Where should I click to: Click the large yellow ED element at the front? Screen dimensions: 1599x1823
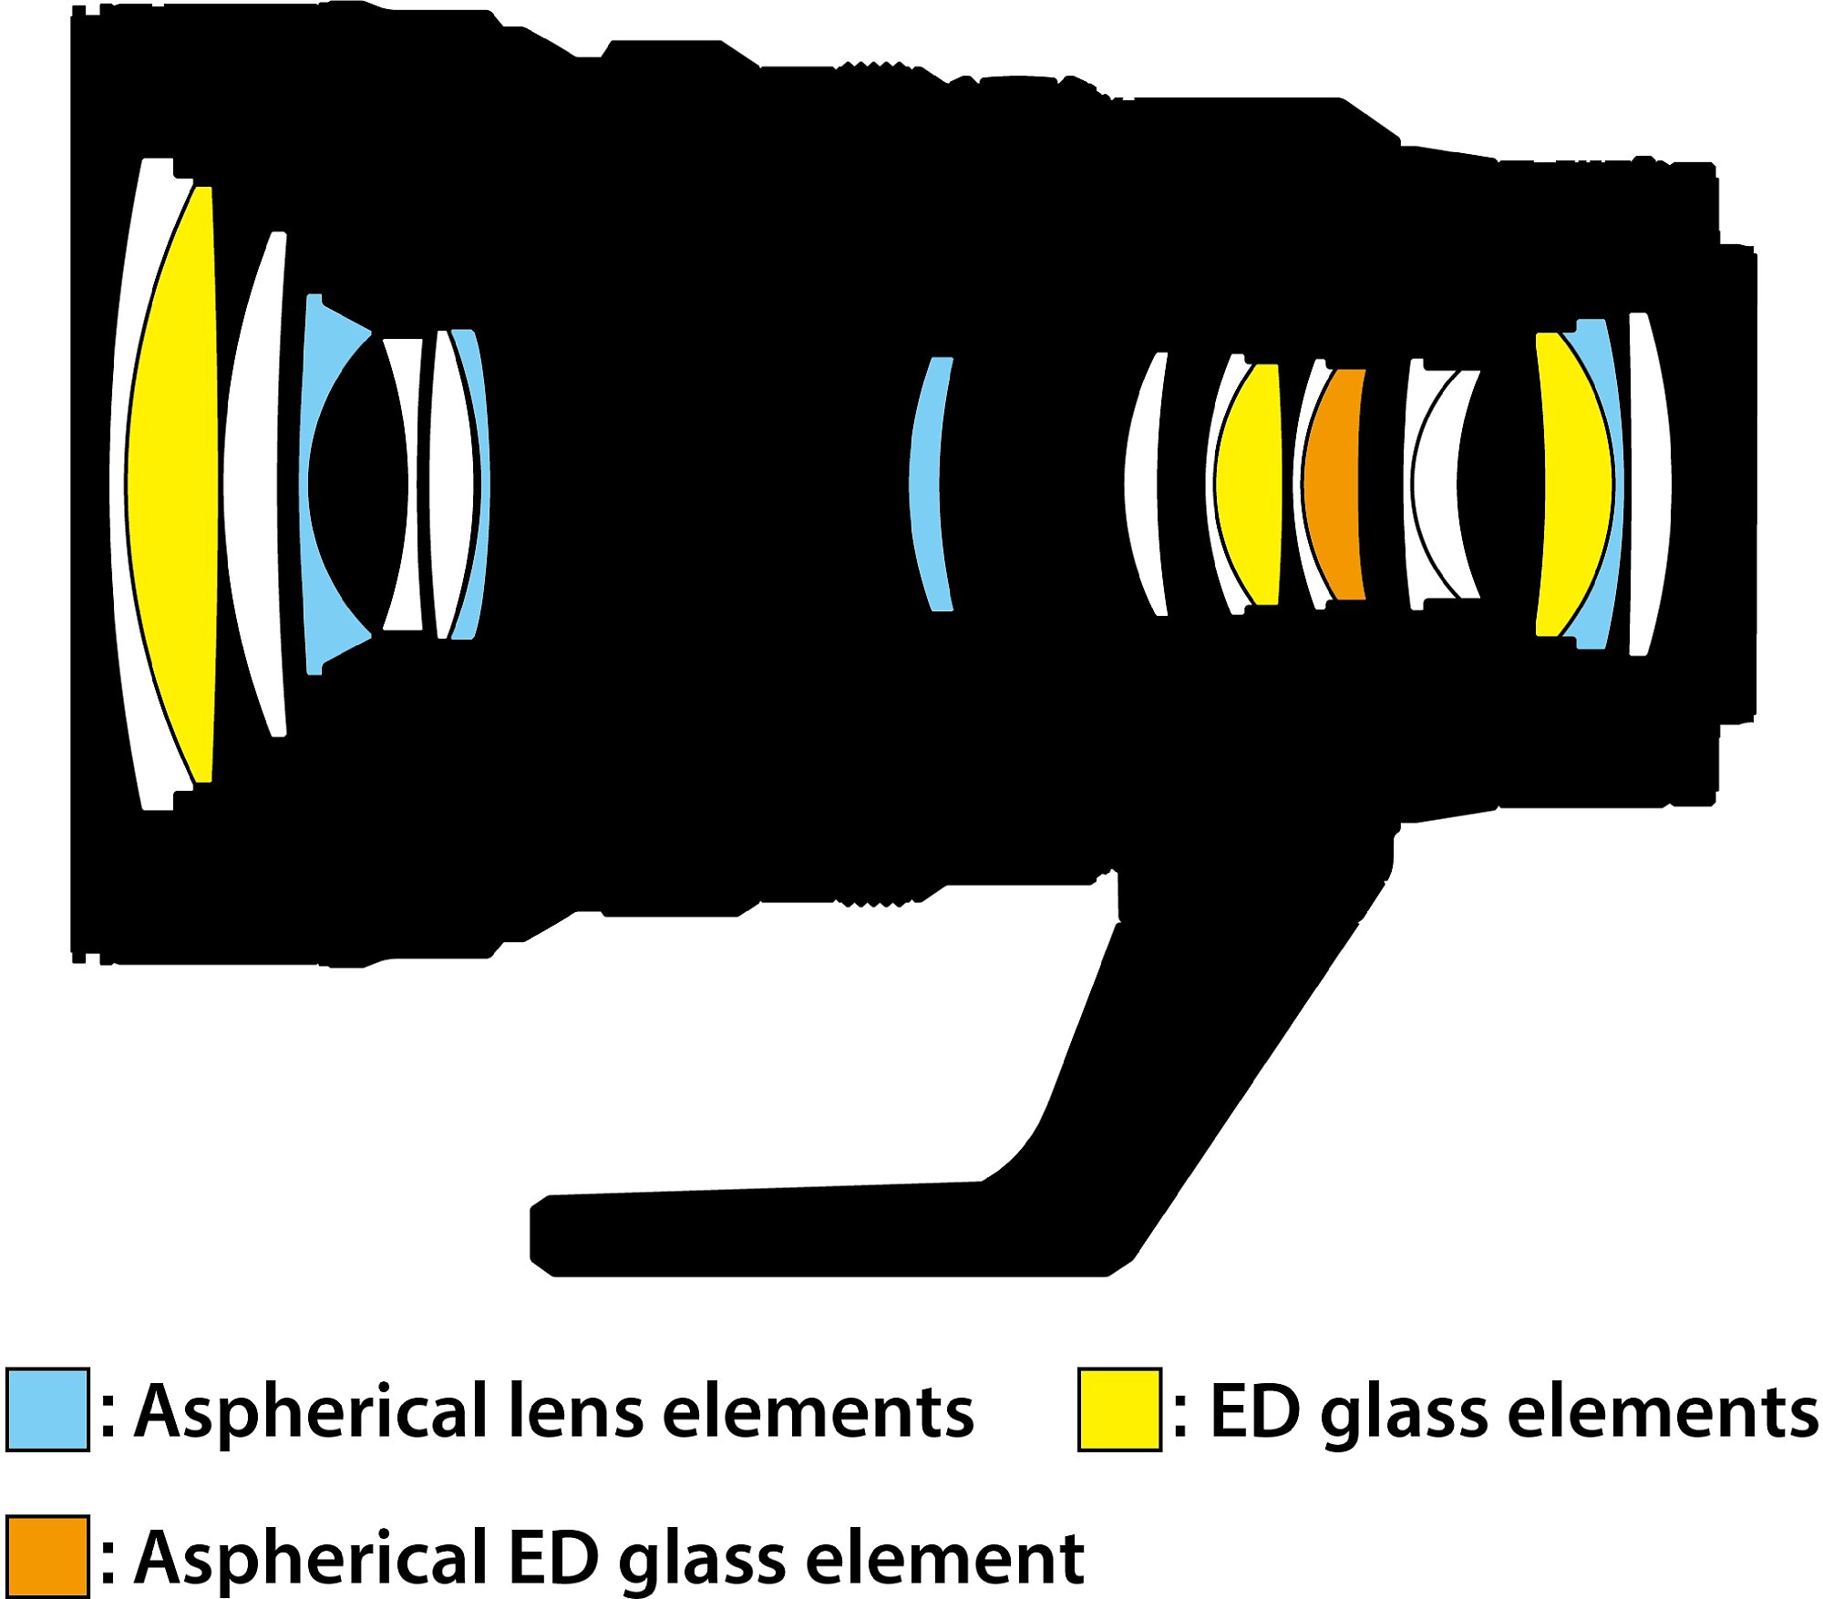(x=173, y=483)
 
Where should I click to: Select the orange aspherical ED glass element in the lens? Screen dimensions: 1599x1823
(x=1333, y=483)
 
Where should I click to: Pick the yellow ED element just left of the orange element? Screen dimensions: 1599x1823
(x=1249, y=483)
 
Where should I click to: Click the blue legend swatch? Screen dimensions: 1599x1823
(x=47, y=1409)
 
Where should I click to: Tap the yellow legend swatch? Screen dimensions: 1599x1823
(x=1118, y=1409)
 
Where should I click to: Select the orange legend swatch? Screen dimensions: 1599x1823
(x=47, y=1556)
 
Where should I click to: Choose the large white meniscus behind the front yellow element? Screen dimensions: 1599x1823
(x=251, y=483)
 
